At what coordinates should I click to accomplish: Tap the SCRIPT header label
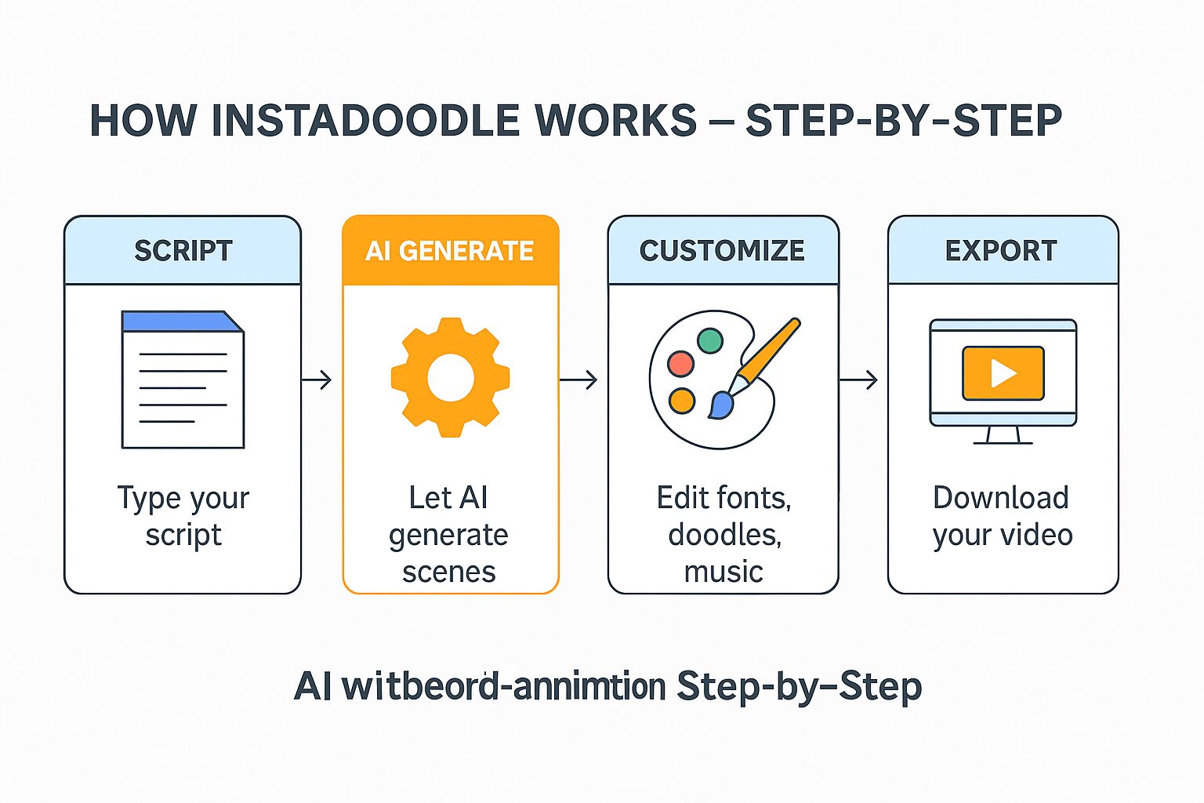[183, 251]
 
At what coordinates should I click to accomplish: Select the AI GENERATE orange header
[450, 251]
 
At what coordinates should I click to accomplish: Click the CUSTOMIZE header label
[722, 251]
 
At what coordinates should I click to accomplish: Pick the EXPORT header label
[1001, 251]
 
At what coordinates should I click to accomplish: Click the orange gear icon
[451, 377]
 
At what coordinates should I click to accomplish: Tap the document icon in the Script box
[183, 380]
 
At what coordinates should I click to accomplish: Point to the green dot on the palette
[709, 340]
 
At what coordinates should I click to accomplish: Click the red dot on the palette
[680, 363]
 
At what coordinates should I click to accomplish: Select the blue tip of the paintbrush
[720, 405]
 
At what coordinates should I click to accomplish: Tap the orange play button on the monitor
[1003, 373]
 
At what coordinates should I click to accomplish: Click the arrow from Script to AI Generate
[317, 380]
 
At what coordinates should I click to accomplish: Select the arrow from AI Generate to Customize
[579, 380]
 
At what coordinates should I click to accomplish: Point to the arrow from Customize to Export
[859, 380]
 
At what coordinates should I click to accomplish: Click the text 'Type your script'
[183, 516]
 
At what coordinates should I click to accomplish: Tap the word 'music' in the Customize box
[723, 572]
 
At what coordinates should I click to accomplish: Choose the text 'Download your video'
[1002, 516]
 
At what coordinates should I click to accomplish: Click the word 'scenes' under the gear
[449, 572]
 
